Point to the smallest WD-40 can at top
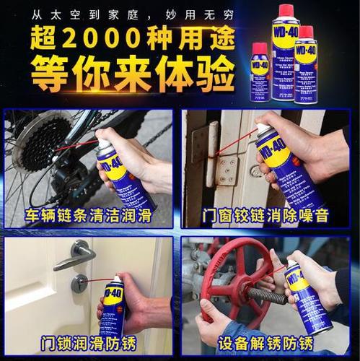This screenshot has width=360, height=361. pyautogui.click(x=260, y=72)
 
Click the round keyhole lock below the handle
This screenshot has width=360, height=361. pyautogui.click(x=79, y=283)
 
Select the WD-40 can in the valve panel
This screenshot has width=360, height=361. pyautogui.click(x=306, y=296)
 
